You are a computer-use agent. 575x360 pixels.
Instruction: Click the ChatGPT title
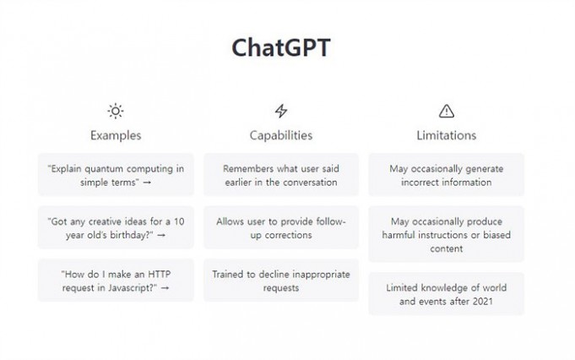(x=281, y=47)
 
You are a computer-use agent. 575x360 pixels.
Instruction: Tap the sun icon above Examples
(x=116, y=111)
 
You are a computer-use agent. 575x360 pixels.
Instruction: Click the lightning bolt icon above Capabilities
(x=281, y=111)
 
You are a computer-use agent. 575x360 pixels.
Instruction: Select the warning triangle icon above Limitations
(x=447, y=112)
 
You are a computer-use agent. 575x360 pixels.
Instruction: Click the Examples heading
(x=116, y=135)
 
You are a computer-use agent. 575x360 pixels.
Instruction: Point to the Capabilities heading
(x=281, y=135)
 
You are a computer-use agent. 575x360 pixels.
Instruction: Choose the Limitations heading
(x=447, y=135)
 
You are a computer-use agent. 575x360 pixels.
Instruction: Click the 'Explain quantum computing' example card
(x=116, y=175)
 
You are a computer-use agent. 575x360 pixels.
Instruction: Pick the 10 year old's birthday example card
(x=116, y=227)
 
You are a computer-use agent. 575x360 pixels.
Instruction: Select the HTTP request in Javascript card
(x=116, y=281)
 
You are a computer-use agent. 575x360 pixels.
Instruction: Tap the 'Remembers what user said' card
(x=281, y=175)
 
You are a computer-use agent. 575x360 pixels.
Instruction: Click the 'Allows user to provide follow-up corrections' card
(x=281, y=227)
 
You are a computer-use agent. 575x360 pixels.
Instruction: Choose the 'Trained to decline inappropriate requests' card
(x=281, y=281)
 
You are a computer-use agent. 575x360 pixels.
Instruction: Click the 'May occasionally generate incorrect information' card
(x=447, y=175)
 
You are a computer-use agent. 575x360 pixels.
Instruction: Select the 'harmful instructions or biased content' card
(x=447, y=234)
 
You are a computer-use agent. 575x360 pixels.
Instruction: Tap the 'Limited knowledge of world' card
(x=447, y=294)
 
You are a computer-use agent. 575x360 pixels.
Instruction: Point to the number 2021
(x=483, y=302)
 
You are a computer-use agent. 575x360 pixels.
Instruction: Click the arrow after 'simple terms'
(x=147, y=183)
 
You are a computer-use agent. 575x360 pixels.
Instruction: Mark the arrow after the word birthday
(x=161, y=235)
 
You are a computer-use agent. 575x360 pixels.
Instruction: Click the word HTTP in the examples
(x=159, y=274)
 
